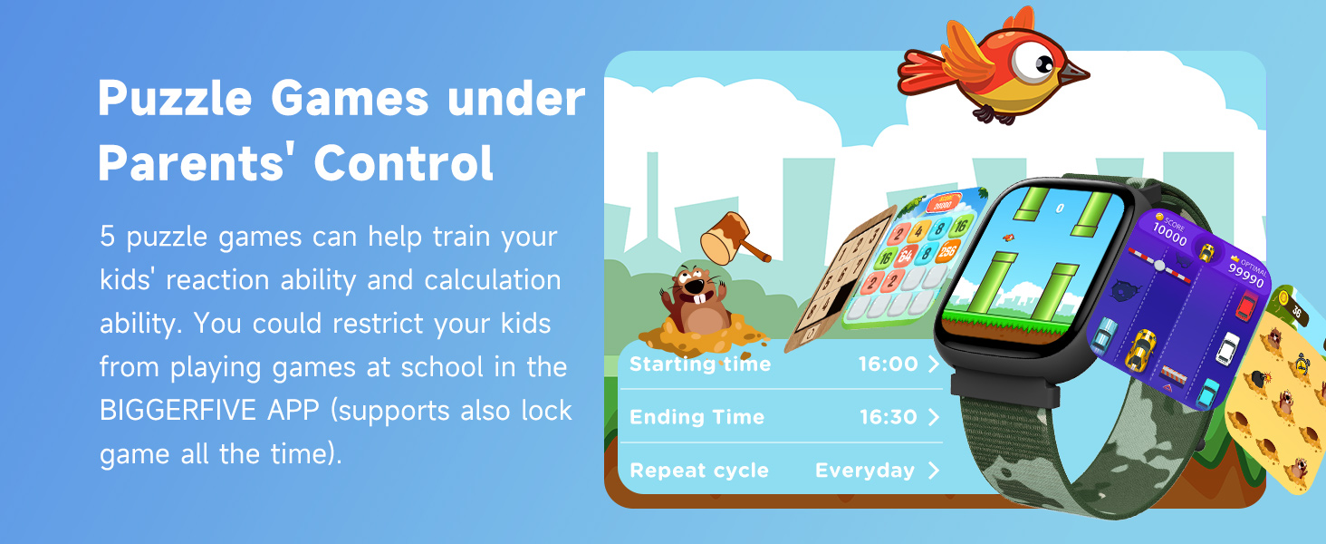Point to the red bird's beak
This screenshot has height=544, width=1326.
1074,73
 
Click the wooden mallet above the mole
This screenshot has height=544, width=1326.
735,238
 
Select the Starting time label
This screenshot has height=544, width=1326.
700,364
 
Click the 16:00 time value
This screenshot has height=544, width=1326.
888,364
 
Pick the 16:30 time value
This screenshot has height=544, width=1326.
888,417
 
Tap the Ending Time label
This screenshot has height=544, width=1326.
697,417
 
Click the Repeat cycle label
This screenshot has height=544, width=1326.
698,471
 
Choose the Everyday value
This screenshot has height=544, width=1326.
864,471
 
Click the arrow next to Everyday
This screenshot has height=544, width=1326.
934,471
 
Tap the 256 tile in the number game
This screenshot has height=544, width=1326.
946,251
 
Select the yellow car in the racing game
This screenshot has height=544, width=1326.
1140,349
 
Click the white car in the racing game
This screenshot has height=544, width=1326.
1227,347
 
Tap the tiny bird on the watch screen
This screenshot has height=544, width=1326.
1005,238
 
